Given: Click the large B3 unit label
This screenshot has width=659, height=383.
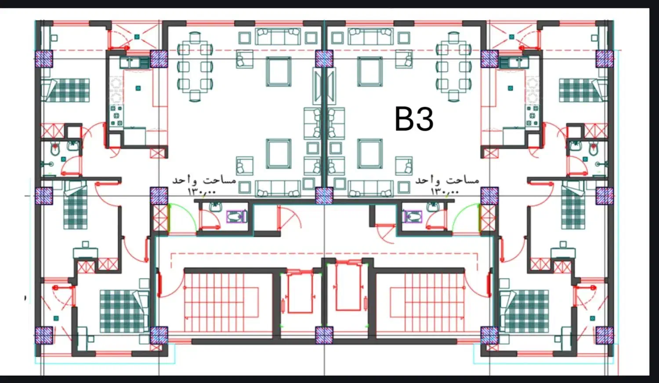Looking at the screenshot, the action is pyautogui.click(x=414, y=119).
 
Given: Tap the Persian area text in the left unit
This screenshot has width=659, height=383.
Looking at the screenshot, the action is pyautogui.click(x=204, y=180).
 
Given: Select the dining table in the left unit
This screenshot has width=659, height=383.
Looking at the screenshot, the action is pyautogui.click(x=195, y=66).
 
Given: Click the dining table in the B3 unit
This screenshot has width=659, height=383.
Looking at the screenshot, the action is pyautogui.click(x=454, y=66).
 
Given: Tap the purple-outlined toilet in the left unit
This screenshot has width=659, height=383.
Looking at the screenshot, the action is pyautogui.click(x=236, y=217).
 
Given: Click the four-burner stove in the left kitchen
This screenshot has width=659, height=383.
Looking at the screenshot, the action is pyautogui.click(x=116, y=115).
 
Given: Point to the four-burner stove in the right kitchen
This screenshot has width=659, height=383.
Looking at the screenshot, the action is pyautogui.click(x=532, y=115).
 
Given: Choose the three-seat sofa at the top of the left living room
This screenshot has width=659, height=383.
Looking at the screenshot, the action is pyautogui.click(x=278, y=36).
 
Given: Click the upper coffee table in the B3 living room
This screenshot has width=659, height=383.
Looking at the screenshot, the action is pyautogui.click(x=370, y=72).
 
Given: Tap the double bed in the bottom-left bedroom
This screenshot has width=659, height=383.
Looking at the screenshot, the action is pyautogui.click(x=124, y=311).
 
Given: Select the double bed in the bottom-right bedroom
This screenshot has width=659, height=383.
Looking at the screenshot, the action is pyautogui.click(x=524, y=311).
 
